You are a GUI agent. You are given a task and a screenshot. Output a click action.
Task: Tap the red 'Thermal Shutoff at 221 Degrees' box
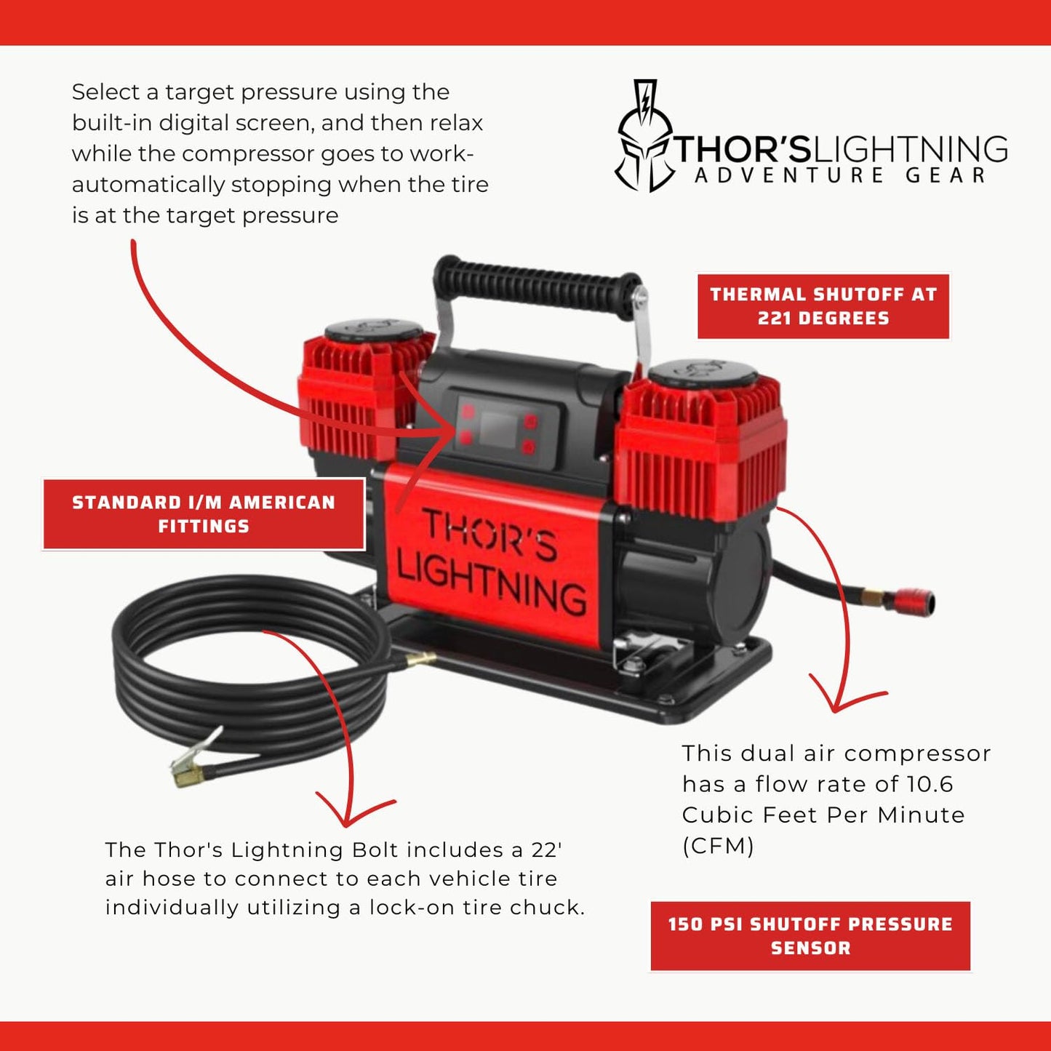(x=823, y=306)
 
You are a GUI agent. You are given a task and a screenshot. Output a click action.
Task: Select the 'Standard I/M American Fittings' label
(x=204, y=514)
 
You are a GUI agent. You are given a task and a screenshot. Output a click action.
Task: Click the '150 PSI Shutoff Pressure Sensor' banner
(x=810, y=936)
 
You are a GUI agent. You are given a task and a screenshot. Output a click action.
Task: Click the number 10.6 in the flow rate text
(x=930, y=784)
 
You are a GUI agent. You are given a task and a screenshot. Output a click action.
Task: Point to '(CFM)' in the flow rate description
(x=718, y=846)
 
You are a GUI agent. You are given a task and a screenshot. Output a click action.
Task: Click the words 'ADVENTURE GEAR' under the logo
(x=840, y=176)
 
